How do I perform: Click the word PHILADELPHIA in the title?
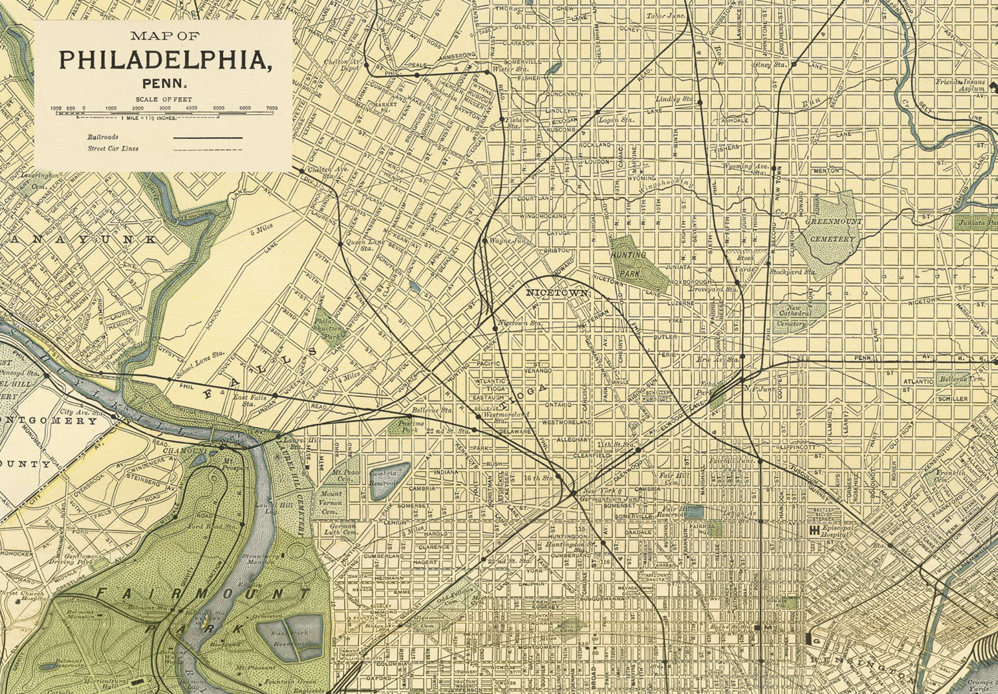point(165,60)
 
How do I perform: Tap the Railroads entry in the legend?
point(102,136)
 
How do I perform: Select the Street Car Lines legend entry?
point(113,148)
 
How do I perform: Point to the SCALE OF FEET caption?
point(164,99)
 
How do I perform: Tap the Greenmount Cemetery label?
point(832,230)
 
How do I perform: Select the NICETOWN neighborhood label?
point(556,293)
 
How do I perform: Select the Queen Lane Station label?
point(364,244)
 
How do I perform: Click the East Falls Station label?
point(249,400)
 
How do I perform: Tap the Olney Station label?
point(770,65)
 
